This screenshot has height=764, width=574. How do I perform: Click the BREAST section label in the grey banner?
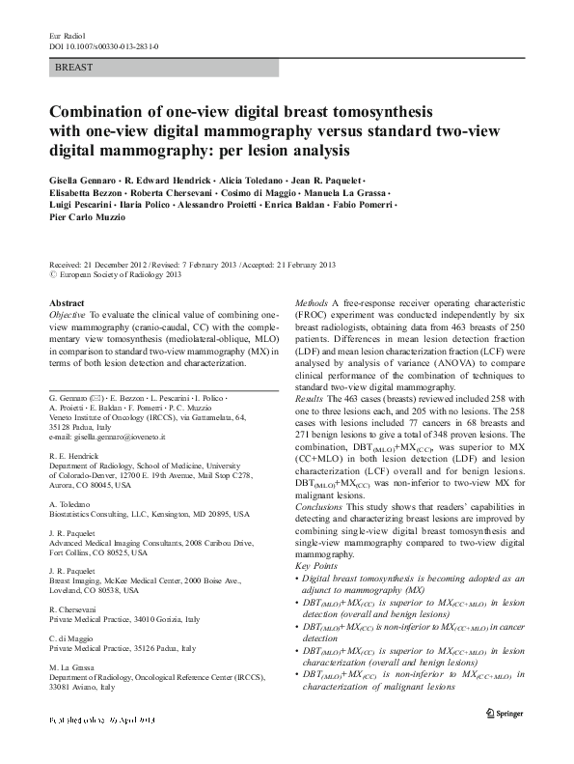pos(74,68)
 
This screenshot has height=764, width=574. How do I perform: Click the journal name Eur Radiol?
pos(66,36)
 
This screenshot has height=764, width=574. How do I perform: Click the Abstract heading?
pos(67,302)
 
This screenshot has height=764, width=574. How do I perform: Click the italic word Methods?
pos(310,302)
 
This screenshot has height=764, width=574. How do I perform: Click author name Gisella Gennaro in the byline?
pos(83,182)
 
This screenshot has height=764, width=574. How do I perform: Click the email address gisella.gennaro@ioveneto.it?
pos(125,438)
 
